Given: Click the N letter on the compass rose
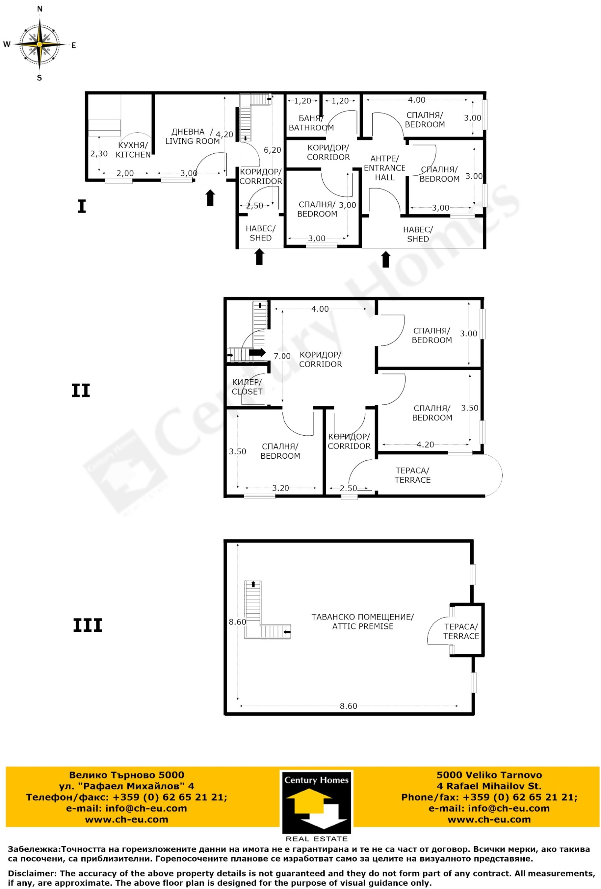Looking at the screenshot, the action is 40,9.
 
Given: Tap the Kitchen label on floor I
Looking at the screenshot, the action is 133,150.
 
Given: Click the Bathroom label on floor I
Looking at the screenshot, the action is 311,123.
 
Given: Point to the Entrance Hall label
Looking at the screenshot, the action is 384,168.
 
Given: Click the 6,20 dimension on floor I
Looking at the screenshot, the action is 272,150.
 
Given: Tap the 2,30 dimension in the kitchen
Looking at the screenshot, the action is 99,154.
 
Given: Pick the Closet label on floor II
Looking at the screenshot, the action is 247,387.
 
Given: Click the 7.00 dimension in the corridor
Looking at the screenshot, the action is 282,356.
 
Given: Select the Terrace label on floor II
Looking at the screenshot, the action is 412,476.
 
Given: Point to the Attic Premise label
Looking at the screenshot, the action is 362,622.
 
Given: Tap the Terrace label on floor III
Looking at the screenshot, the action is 461,632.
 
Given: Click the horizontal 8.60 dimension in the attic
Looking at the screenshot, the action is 348,706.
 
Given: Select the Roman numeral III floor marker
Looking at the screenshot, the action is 88,626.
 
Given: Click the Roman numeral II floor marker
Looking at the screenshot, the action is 81,391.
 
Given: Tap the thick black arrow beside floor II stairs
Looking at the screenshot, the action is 257,353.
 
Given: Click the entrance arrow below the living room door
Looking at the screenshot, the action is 210,198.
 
